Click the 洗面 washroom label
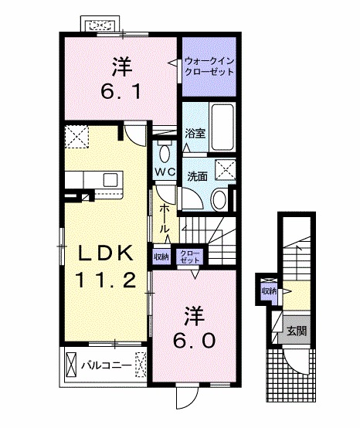196,175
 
